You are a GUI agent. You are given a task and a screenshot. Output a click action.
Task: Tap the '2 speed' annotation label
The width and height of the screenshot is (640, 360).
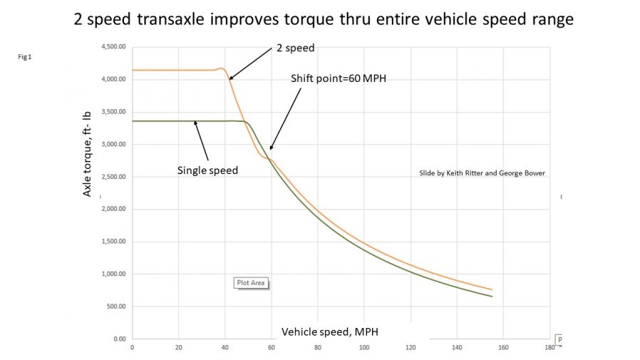pyautogui.click(x=295, y=49)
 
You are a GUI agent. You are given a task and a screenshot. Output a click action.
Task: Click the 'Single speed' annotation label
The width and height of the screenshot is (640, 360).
pyautogui.click(x=207, y=170)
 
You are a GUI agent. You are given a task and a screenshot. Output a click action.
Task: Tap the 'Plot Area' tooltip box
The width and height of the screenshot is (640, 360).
pyautogui.click(x=250, y=282)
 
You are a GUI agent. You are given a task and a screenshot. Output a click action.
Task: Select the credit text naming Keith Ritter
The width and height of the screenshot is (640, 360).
pyautogui.click(x=482, y=173)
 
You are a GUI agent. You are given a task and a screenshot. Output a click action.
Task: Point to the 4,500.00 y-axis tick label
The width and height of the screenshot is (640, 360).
pyautogui.click(x=112, y=47)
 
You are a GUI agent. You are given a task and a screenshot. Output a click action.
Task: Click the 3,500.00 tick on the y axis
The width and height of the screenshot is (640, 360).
pyautogui.click(x=112, y=112)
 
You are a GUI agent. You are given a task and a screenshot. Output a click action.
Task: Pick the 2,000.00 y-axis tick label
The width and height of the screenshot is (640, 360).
pyautogui.click(x=112, y=210)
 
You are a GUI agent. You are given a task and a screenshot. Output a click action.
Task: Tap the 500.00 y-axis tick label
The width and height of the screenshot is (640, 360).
pyautogui.click(x=114, y=307)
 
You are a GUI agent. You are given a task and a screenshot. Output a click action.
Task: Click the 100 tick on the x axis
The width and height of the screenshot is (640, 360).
pyautogui.click(x=364, y=348)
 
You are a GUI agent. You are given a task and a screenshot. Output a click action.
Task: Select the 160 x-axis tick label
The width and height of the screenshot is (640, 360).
pyautogui.click(x=503, y=348)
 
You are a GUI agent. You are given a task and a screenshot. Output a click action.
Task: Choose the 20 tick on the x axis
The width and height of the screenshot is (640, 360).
pyautogui.click(x=178, y=348)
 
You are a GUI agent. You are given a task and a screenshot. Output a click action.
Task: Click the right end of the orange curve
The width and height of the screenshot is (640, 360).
pyautogui.click(x=492, y=289)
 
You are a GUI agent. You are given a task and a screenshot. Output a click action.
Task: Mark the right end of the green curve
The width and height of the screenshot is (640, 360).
pyautogui.click(x=492, y=297)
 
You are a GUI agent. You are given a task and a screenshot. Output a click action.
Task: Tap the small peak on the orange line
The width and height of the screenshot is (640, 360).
pyautogui.click(x=221, y=68)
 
